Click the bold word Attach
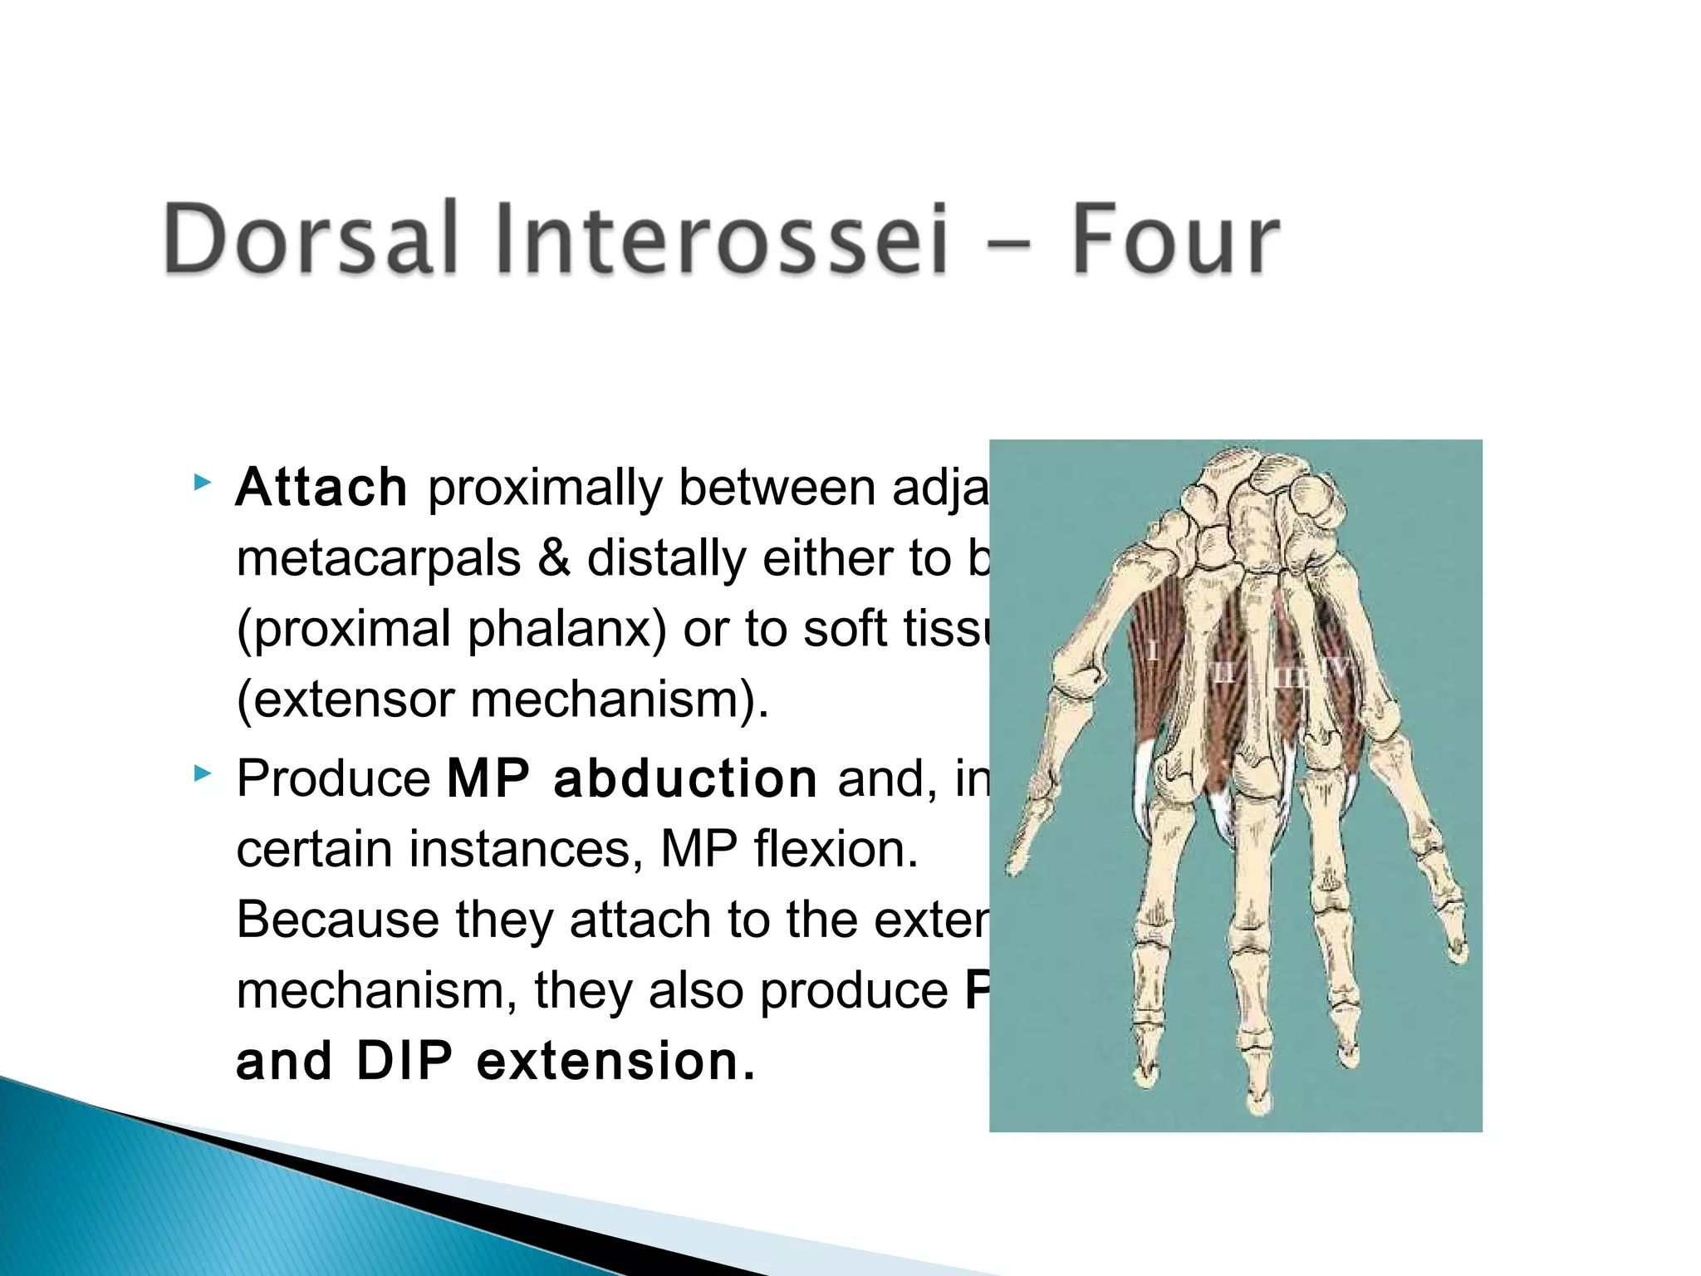pyautogui.click(x=321, y=488)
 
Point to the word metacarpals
pyautogui.click(x=379, y=558)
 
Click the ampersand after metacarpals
pyautogui.click(x=554, y=558)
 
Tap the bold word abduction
pyautogui.click(x=685, y=779)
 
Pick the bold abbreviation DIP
pyautogui.click(x=404, y=1062)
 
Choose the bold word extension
pyautogui.click(x=615, y=1062)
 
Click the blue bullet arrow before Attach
pyautogui.click(x=202, y=483)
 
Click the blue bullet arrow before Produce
pyautogui.click(x=202, y=775)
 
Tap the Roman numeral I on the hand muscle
pyautogui.click(x=1154, y=650)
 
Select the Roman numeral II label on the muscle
pyautogui.click(x=1223, y=671)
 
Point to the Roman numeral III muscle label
pyautogui.click(x=1289, y=677)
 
